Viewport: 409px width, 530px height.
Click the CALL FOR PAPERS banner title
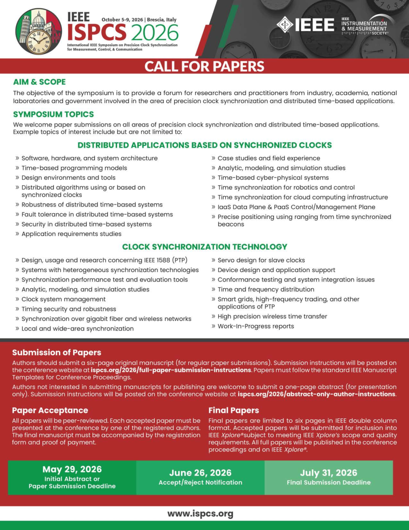pos(204,66)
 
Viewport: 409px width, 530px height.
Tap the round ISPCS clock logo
pos(39,32)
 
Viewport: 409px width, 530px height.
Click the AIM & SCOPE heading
pos(39,82)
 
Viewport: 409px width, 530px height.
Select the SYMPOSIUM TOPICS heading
pos(53,114)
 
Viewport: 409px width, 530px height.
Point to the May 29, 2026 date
pos(72,469)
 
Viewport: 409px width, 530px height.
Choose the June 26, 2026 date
pos(200,473)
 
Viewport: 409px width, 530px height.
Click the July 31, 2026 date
pos(328,473)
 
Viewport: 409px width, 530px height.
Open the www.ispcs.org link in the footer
pos(200,514)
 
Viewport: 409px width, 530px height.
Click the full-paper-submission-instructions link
pos(171,370)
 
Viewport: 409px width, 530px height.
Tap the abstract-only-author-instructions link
pos(316,394)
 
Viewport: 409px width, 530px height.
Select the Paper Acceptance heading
pos(50,410)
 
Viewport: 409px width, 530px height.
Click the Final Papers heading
pos(234,410)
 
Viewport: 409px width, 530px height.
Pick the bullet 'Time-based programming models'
pos(74,168)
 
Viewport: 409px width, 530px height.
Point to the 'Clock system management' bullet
pos(64,299)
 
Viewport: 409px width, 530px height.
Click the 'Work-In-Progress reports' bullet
pos(256,326)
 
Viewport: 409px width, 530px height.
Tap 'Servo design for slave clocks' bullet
pos(261,260)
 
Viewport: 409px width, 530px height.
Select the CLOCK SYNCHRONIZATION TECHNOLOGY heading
pos(204,247)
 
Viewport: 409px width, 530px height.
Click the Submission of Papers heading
pos(56,352)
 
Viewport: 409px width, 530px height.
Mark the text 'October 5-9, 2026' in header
pos(122,20)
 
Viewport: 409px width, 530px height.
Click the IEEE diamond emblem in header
pos(285,25)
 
